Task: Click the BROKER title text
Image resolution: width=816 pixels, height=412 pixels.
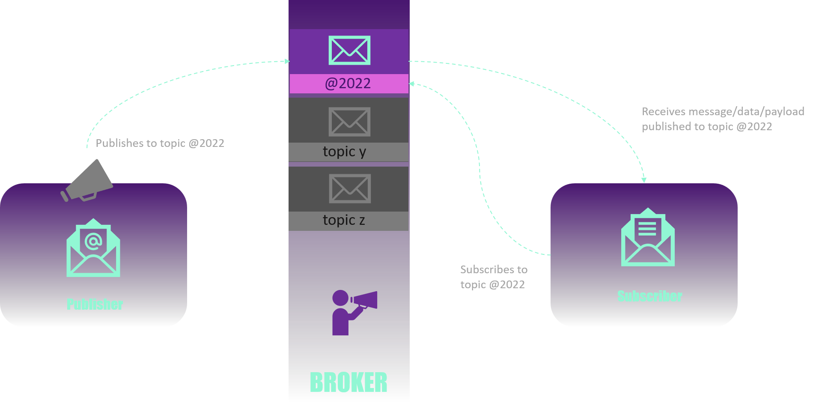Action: tap(348, 382)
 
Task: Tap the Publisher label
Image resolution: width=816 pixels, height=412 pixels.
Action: tap(95, 304)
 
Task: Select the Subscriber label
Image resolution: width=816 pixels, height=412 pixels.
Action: tap(649, 296)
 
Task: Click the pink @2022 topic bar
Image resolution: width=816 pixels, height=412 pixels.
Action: tap(348, 84)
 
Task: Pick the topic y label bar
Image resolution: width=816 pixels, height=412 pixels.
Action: tap(348, 152)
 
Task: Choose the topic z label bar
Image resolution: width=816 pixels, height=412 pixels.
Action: tap(348, 221)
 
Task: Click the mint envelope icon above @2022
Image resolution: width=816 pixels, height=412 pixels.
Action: tap(349, 51)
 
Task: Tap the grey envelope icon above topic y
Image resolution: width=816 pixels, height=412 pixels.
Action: tap(349, 122)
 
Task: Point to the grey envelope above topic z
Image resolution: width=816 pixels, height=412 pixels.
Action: tap(350, 188)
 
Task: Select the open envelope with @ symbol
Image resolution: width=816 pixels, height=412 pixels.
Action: tap(93, 248)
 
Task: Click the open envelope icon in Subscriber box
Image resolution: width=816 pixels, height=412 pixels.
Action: tap(648, 238)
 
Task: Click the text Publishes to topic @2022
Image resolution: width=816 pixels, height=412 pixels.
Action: tap(160, 143)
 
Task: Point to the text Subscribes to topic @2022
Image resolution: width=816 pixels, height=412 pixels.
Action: tap(493, 277)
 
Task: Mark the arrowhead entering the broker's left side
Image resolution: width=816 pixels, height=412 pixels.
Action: tap(287, 61)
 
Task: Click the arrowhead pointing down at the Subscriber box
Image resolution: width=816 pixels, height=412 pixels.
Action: tap(644, 180)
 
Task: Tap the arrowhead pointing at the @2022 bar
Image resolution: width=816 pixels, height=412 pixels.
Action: tap(412, 84)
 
